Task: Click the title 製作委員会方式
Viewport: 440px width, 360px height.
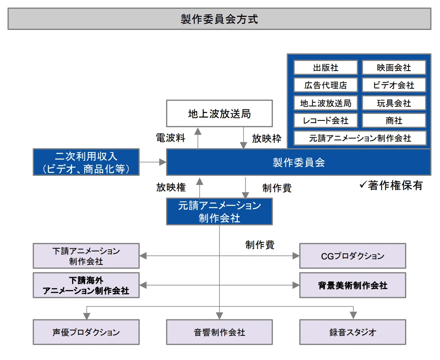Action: click(219, 19)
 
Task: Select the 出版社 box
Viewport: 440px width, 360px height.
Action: click(326, 68)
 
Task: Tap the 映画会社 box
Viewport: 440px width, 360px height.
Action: click(394, 68)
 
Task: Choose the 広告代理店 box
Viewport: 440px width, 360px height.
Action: click(326, 85)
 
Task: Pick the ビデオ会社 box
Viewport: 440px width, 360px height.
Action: click(394, 85)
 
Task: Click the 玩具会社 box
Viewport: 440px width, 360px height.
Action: click(394, 103)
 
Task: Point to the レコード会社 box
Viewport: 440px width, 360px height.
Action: click(326, 121)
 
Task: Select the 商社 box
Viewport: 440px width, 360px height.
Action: click(394, 121)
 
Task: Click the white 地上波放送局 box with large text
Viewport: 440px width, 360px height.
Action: click(219, 114)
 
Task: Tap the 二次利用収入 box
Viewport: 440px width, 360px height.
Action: click(86, 162)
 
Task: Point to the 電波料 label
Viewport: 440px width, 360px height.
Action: click(171, 138)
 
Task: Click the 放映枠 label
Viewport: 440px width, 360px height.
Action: click(267, 139)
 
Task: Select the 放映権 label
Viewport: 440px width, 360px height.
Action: click(171, 187)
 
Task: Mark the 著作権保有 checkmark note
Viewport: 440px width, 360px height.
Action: click(391, 185)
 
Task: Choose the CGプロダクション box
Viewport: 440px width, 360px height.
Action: click(353, 256)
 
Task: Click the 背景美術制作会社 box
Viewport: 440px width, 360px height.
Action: click(353, 285)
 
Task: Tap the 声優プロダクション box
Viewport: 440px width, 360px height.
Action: click(86, 332)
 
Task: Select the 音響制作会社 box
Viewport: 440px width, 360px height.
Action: click(219, 332)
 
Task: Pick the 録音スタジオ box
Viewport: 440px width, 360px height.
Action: click(353, 332)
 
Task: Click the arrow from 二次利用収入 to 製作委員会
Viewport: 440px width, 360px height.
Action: click(153, 162)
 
